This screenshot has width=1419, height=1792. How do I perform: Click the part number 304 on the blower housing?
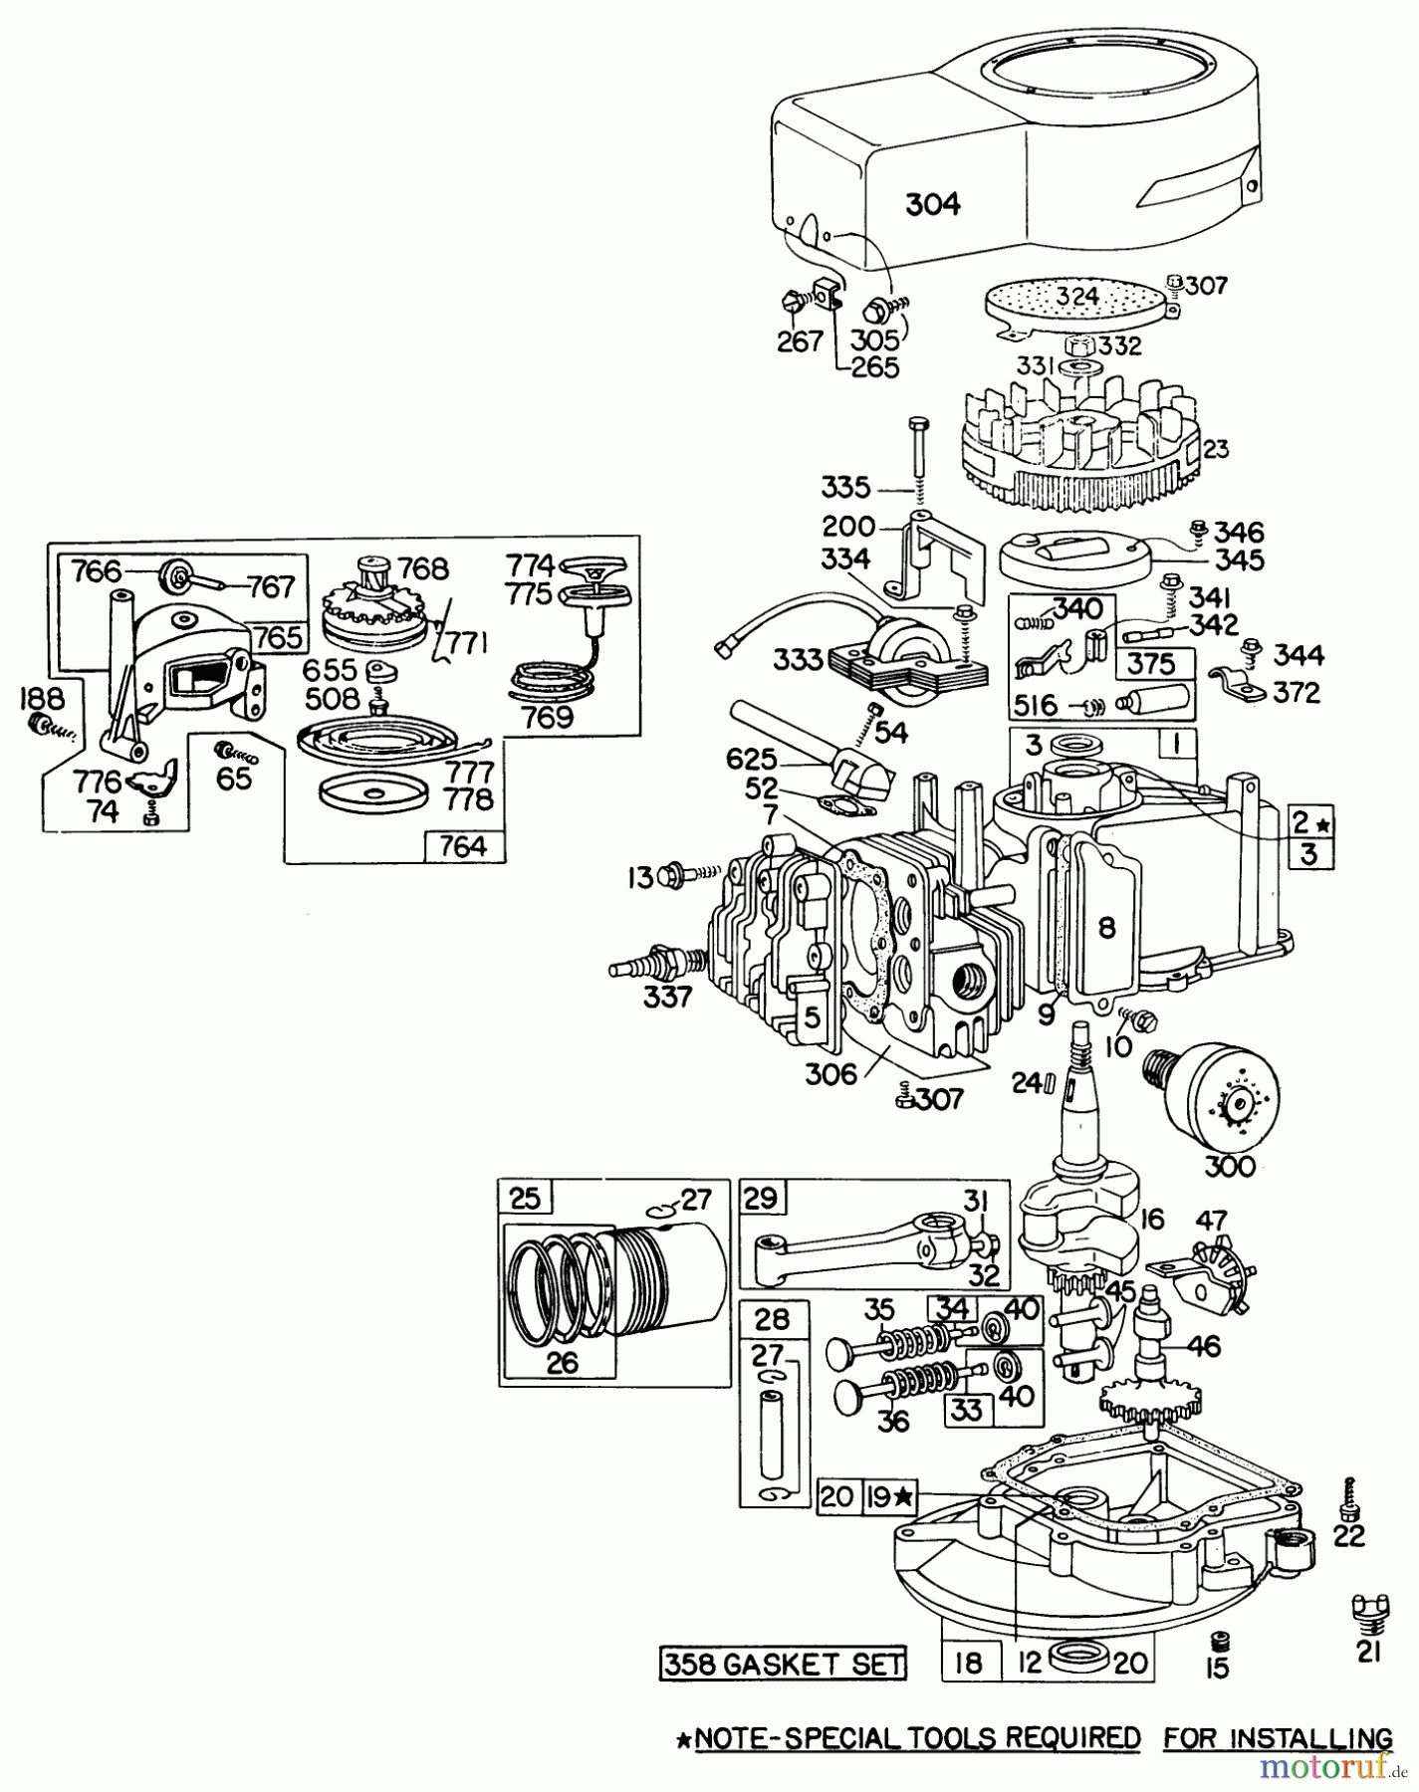point(933,204)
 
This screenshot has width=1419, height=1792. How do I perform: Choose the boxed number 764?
point(463,846)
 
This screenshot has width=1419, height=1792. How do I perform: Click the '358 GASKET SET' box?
point(784,1663)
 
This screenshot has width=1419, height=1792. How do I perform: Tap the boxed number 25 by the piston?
point(525,1198)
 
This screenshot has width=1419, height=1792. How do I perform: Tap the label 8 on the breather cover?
point(1106,927)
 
